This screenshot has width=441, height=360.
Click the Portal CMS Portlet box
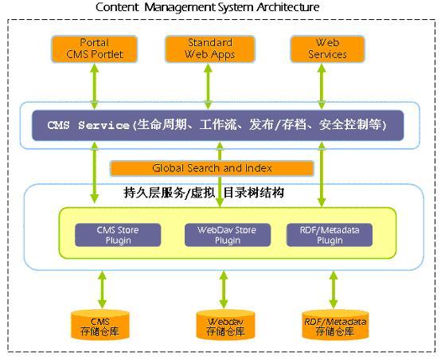coord(95,49)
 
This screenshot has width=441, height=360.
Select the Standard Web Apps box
coord(210,49)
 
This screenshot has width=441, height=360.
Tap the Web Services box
coord(327,49)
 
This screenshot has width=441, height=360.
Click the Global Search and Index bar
coord(212,168)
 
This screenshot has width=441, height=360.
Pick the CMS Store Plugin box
coord(118,235)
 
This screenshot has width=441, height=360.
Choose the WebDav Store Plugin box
coord(228,235)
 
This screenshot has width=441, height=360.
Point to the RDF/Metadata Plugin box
coord(330,235)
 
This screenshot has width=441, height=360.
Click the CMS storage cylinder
coord(100,324)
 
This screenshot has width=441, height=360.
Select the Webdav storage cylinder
coord(225,324)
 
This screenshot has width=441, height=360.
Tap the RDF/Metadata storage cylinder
coord(335,324)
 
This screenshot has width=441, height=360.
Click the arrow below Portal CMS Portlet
coord(95,86)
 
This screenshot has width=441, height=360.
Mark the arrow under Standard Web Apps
coord(208,86)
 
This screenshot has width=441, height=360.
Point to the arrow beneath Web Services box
coord(322,86)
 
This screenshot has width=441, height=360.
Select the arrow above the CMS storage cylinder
coord(102,290)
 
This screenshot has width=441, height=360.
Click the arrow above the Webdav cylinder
coord(224,290)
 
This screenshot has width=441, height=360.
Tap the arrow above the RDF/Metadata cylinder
coord(334,290)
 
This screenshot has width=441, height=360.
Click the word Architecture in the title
coord(287,7)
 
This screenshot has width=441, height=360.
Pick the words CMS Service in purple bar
coord(88,125)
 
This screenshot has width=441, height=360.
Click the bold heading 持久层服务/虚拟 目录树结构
coord(204,193)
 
